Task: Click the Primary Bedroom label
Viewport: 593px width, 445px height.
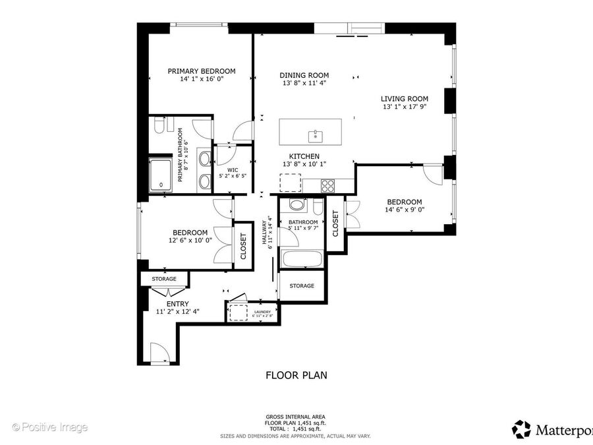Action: (202, 71)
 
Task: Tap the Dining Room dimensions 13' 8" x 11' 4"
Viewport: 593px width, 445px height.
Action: (304, 83)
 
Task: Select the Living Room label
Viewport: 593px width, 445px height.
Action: (405, 99)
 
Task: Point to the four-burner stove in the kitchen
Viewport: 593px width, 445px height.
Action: (328, 185)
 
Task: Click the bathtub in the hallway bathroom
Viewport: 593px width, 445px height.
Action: (302, 259)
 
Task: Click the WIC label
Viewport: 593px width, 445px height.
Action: (233, 170)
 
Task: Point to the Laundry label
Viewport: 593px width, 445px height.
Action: (262, 312)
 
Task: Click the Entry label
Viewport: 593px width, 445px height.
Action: (177, 304)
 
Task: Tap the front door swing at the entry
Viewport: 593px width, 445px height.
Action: (159, 353)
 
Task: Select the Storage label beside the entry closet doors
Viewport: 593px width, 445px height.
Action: (164, 279)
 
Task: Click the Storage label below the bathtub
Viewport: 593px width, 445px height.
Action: (302, 285)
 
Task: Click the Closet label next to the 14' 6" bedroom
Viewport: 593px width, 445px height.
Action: (335, 223)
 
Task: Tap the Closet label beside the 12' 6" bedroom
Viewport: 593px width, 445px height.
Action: (243, 247)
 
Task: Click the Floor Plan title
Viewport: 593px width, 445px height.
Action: (296, 375)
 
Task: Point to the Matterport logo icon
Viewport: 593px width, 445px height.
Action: (522, 429)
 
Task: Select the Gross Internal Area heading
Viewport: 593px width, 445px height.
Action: (295, 417)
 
